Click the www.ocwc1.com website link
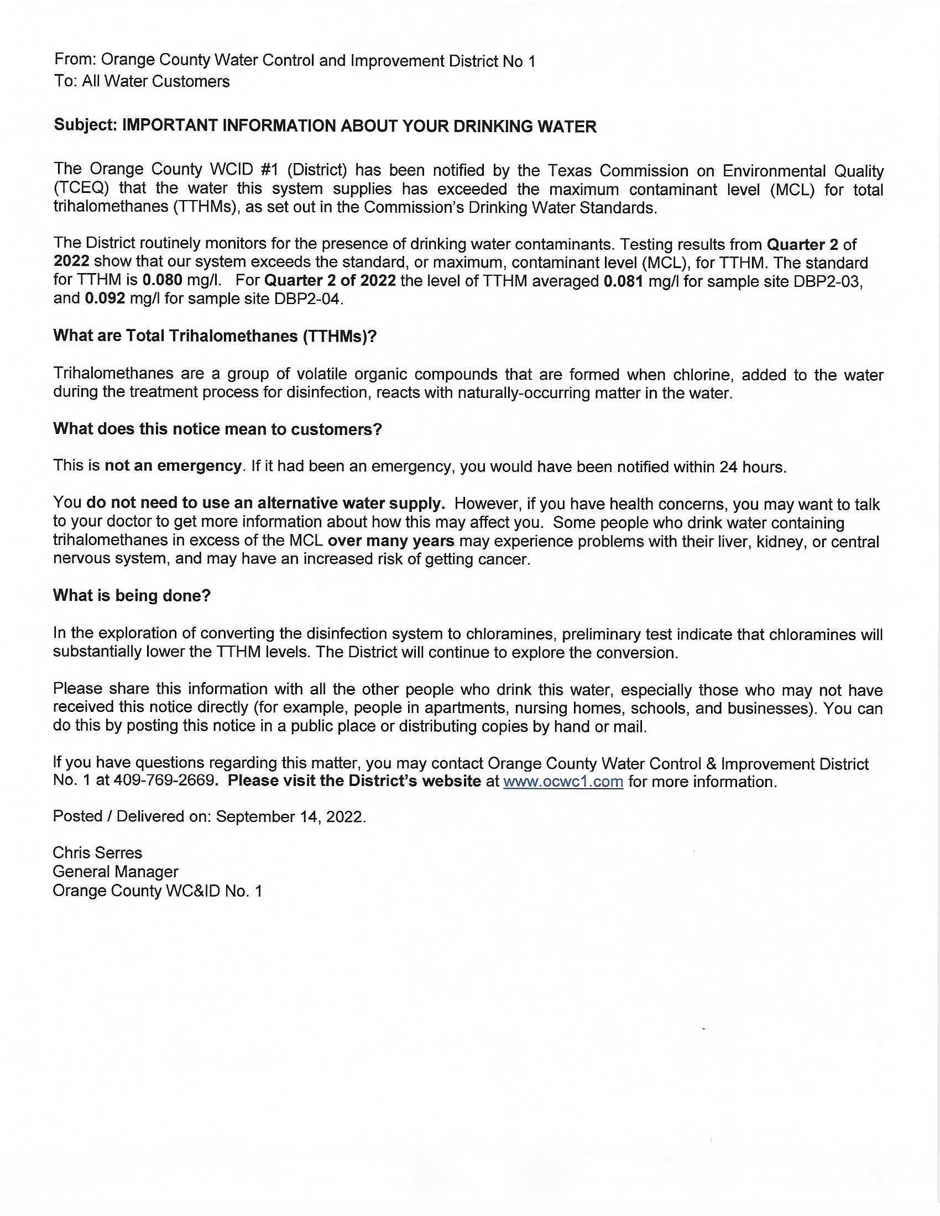pos(562,782)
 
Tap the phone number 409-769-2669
pos(164,780)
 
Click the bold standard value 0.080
pos(163,281)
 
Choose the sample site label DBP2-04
pos(309,299)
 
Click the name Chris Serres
pos(97,853)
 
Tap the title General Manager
pos(115,872)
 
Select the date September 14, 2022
pos(290,817)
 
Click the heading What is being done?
pos(132,596)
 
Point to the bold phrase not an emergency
pos(173,466)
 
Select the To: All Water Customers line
pos(142,82)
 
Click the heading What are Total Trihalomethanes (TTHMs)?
pos(215,336)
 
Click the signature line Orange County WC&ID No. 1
pos(157,891)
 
